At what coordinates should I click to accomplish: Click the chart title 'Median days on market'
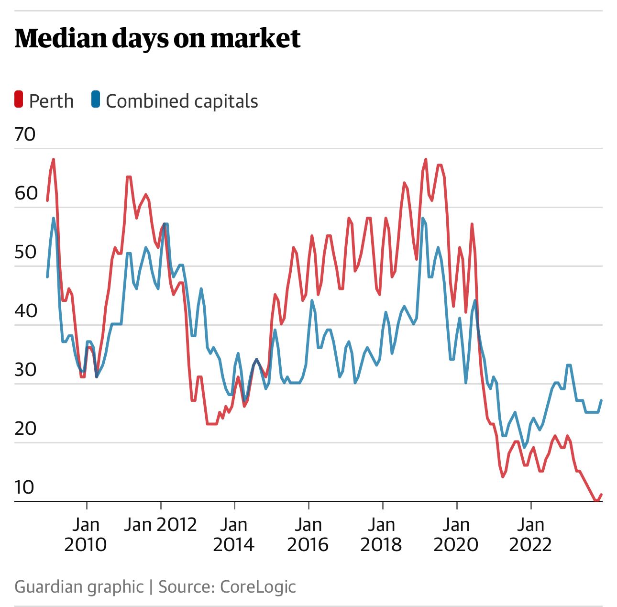pyautogui.click(x=157, y=39)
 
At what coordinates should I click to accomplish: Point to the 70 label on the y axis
pyautogui.click(x=25, y=134)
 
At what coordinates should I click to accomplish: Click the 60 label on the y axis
pyautogui.click(x=26, y=193)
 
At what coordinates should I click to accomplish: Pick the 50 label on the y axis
pyautogui.click(x=25, y=252)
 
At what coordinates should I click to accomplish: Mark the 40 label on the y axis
pyautogui.click(x=25, y=311)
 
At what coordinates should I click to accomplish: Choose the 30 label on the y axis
pyautogui.click(x=25, y=370)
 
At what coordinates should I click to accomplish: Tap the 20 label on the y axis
pyautogui.click(x=25, y=429)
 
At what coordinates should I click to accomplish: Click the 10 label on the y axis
pyautogui.click(x=24, y=487)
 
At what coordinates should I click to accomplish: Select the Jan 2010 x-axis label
pyautogui.click(x=86, y=535)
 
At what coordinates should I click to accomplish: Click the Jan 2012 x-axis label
pyautogui.click(x=160, y=525)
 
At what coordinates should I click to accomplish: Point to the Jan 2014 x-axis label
pyautogui.click(x=234, y=535)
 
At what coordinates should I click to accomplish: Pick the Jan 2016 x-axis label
pyautogui.click(x=308, y=535)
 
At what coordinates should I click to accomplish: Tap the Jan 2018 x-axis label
pyautogui.click(x=382, y=535)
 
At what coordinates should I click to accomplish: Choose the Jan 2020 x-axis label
pyautogui.click(x=456, y=535)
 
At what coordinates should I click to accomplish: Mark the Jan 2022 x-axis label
pyautogui.click(x=530, y=535)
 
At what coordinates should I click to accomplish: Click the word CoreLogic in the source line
pyautogui.click(x=258, y=587)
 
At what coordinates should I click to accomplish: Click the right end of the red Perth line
pyautogui.click(x=601, y=495)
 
